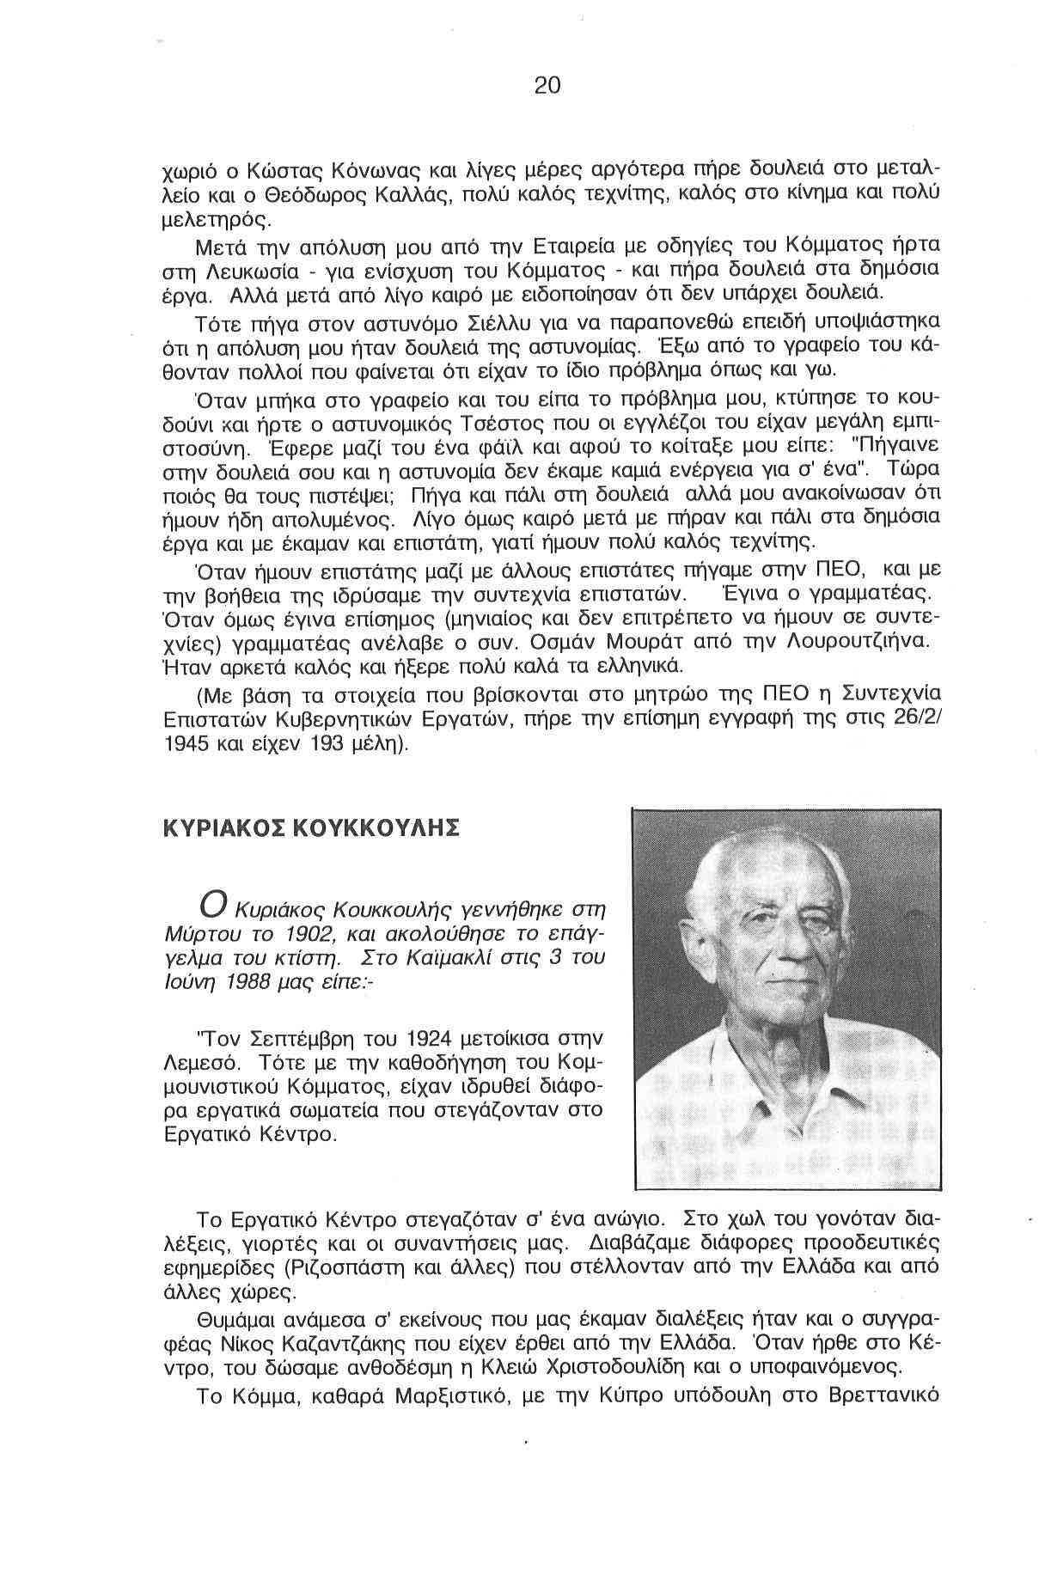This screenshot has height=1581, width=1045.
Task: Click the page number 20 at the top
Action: coord(547,85)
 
